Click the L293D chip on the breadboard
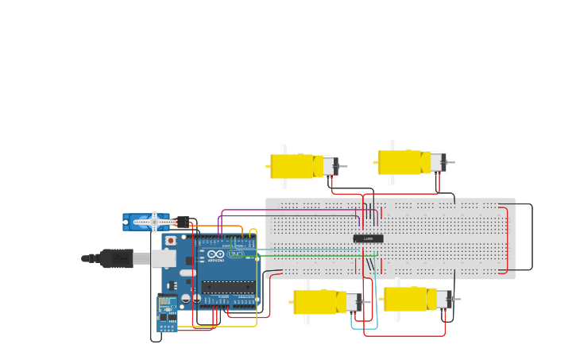(x=368, y=238)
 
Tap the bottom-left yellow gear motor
(x=318, y=302)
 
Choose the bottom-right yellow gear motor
(x=408, y=299)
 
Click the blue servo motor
(x=143, y=222)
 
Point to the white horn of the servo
(x=154, y=222)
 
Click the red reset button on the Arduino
(x=170, y=240)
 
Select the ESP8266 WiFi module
(x=167, y=313)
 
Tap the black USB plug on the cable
(x=115, y=258)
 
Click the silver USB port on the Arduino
(x=164, y=258)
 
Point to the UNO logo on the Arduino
(x=236, y=254)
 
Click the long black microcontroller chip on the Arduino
(x=228, y=287)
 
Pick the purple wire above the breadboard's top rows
(x=286, y=211)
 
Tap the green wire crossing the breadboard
(x=318, y=256)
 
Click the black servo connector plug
(x=183, y=223)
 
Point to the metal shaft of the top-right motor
(x=450, y=163)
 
